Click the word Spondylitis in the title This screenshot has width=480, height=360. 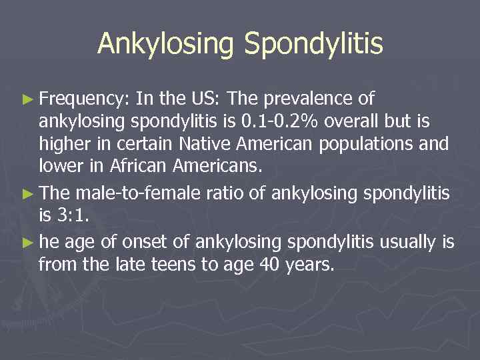coord(313,45)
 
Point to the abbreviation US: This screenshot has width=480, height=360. coord(204,99)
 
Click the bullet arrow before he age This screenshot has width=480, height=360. coord(27,243)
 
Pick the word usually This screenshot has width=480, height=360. coord(407,243)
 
